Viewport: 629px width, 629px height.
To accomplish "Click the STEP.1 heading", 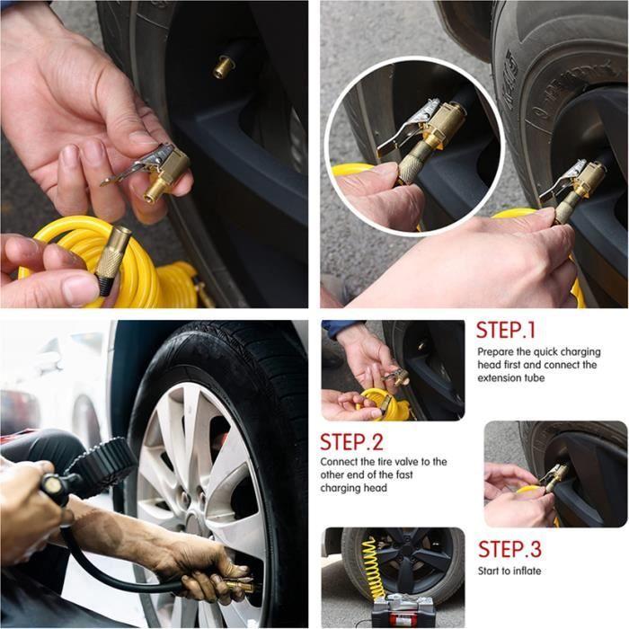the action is click(505, 330).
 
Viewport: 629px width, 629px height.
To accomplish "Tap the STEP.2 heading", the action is click(351, 442).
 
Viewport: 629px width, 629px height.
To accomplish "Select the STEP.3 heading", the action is click(509, 549).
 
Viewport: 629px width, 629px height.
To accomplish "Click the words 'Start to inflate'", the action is click(509, 571).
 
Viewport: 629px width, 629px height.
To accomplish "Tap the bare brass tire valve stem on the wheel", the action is click(224, 66).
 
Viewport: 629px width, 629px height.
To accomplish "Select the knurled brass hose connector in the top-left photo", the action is click(113, 259).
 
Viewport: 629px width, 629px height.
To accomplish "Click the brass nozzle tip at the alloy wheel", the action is click(240, 585).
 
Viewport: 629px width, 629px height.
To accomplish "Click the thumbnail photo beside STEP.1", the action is click(394, 370).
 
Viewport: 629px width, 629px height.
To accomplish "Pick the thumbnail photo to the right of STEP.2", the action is click(556, 474).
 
